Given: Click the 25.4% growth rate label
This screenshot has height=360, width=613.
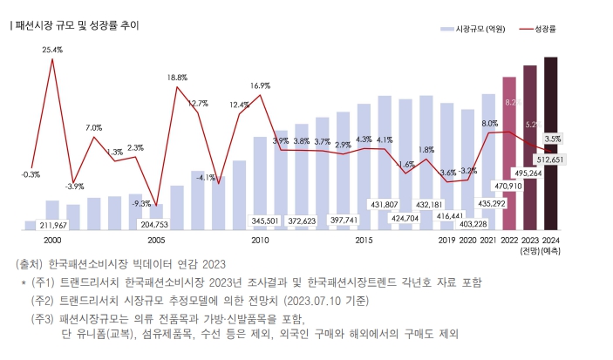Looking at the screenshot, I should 52,50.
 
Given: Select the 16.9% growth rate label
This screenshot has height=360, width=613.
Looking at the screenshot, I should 260,85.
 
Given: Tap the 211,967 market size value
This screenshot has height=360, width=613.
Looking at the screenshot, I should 52,225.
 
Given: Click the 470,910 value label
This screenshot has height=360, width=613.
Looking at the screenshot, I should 508,186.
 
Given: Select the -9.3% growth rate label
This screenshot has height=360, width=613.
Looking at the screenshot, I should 140,203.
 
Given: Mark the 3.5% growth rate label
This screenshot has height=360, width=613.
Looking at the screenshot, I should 553,139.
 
